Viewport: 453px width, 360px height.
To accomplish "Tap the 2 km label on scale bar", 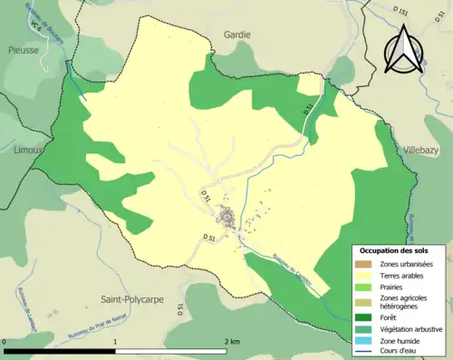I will point(232,342).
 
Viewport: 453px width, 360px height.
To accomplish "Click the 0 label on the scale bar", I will point(5,342).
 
